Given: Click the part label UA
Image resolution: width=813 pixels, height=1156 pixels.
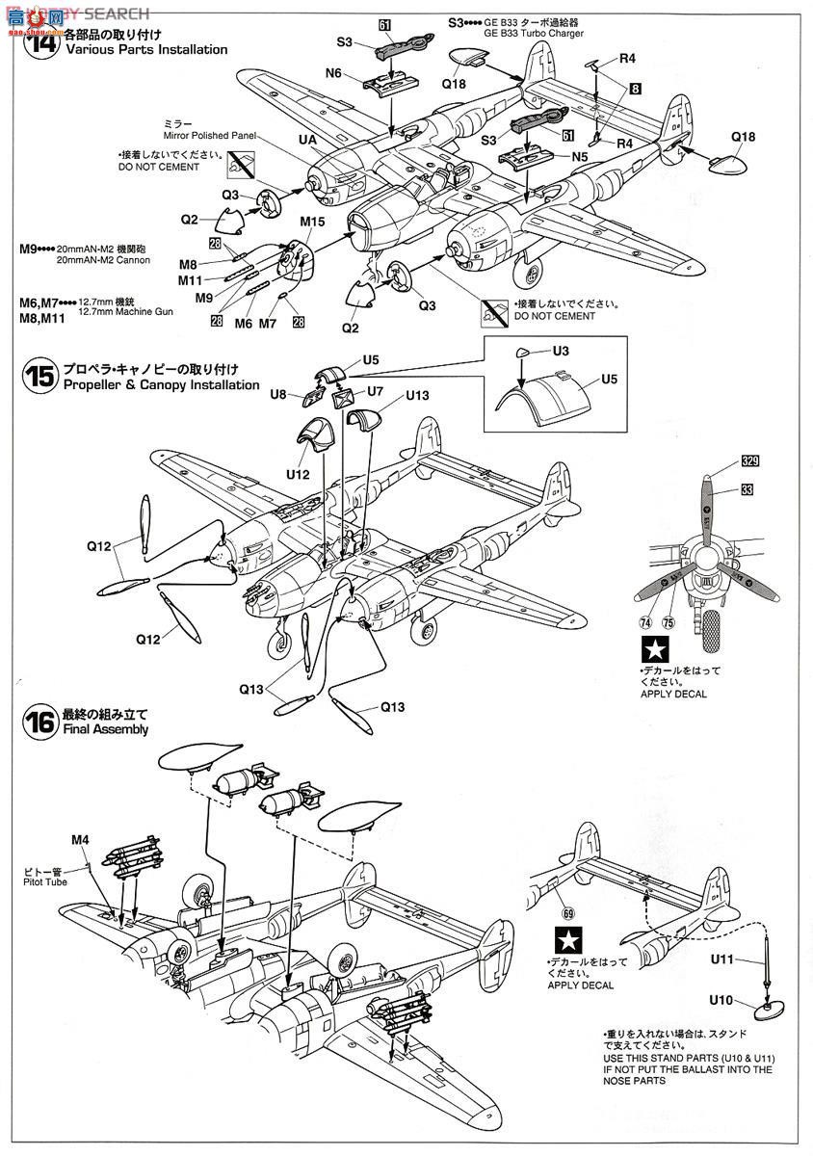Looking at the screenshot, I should [x=307, y=139].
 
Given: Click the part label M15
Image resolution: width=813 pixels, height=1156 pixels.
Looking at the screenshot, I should [x=312, y=222].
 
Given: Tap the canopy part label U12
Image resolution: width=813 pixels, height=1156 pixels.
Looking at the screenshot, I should [x=298, y=473].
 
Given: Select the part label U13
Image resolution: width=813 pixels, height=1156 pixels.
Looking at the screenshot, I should [x=417, y=394].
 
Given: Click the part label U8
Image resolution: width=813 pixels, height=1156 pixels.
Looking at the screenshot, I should [x=278, y=393].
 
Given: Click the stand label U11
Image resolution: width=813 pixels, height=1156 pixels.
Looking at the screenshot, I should [x=722, y=959].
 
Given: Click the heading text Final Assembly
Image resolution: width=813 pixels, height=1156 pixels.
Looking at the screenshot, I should [x=106, y=729].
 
